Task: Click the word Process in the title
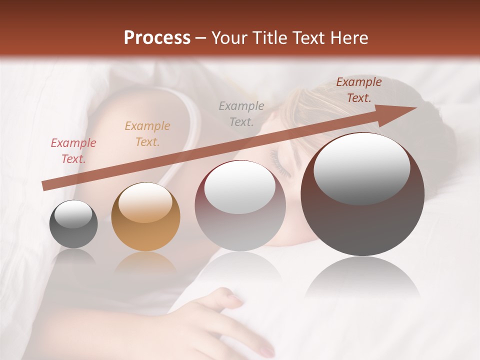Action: (157, 37)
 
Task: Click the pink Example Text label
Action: (73, 151)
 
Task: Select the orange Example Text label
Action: (147, 133)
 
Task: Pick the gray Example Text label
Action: (241, 113)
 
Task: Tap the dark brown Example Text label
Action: (358, 90)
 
